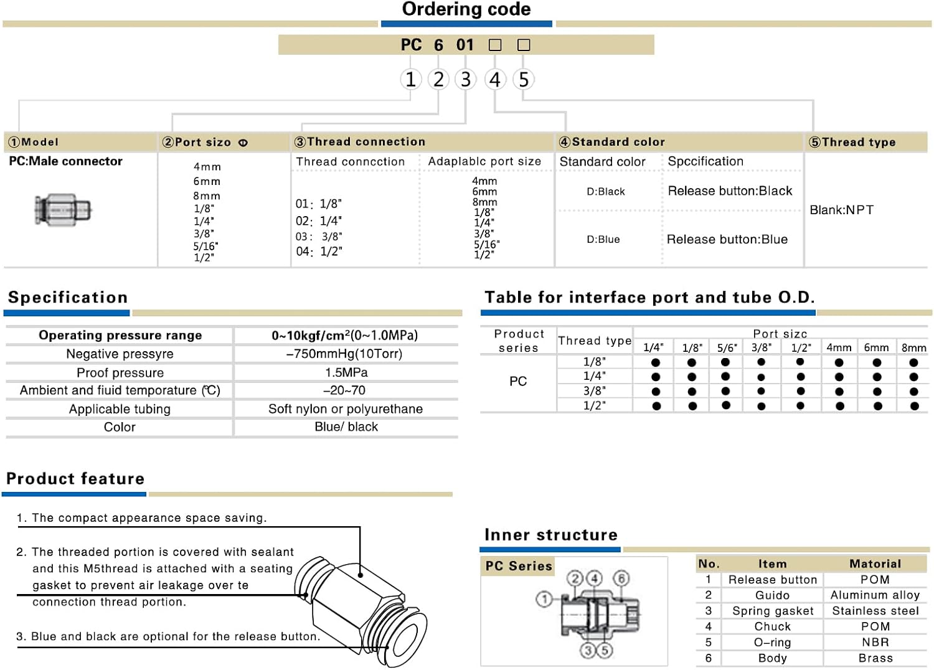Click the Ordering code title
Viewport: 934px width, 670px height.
tap(466, 9)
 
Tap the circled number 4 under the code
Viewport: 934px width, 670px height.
tap(495, 80)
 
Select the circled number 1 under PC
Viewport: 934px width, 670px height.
tap(410, 80)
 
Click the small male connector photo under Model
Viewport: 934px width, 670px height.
tap(63, 209)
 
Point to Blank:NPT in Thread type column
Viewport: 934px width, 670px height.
tap(841, 210)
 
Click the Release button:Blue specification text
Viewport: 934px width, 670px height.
tap(727, 239)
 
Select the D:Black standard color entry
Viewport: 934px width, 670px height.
tap(605, 191)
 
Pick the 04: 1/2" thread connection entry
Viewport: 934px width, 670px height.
tap(319, 252)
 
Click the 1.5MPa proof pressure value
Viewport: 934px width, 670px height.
tap(346, 372)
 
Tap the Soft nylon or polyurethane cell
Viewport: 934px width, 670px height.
tap(346, 409)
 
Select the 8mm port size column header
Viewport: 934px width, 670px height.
tap(913, 347)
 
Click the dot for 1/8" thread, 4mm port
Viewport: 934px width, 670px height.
tap(839, 362)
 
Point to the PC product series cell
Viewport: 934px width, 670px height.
tap(518, 381)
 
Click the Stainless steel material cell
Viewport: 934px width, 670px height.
tap(875, 611)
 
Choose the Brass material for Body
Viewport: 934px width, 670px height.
tap(875, 658)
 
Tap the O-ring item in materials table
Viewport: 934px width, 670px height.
tap(772, 643)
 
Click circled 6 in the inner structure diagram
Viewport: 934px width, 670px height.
tap(621, 578)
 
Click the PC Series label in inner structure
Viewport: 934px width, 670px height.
tap(519, 566)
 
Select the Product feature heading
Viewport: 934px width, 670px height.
tap(75, 479)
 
